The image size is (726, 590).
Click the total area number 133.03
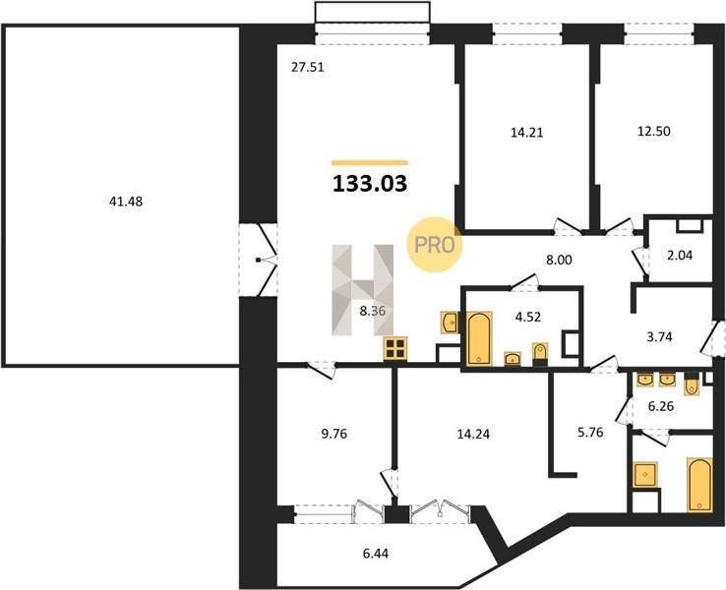coord(370,184)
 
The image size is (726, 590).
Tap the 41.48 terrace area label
coord(126,202)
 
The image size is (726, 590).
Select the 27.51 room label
coord(308,68)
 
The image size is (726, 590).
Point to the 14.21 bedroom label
coord(527,133)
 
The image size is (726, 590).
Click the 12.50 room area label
coord(654,132)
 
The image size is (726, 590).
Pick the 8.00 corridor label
coord(560,260)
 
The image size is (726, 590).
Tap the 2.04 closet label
coord(680,255)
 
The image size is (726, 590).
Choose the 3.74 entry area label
coord(659,337)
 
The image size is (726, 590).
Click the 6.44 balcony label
coord(376,553)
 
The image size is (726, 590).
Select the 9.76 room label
coord(333,434)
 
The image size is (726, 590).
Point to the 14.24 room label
coord(473,434)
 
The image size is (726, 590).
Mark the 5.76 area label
coord(590,433)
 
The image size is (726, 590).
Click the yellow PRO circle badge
coord(434,244)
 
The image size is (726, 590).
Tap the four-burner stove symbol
coord(395,348)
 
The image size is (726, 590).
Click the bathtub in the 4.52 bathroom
coord(479,338)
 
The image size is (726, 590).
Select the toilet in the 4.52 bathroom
coord(540,354)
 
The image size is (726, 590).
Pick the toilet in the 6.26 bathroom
coord(692,384)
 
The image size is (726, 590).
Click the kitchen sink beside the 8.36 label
coord(450,323)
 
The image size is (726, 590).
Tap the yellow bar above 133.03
coord(370,162)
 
